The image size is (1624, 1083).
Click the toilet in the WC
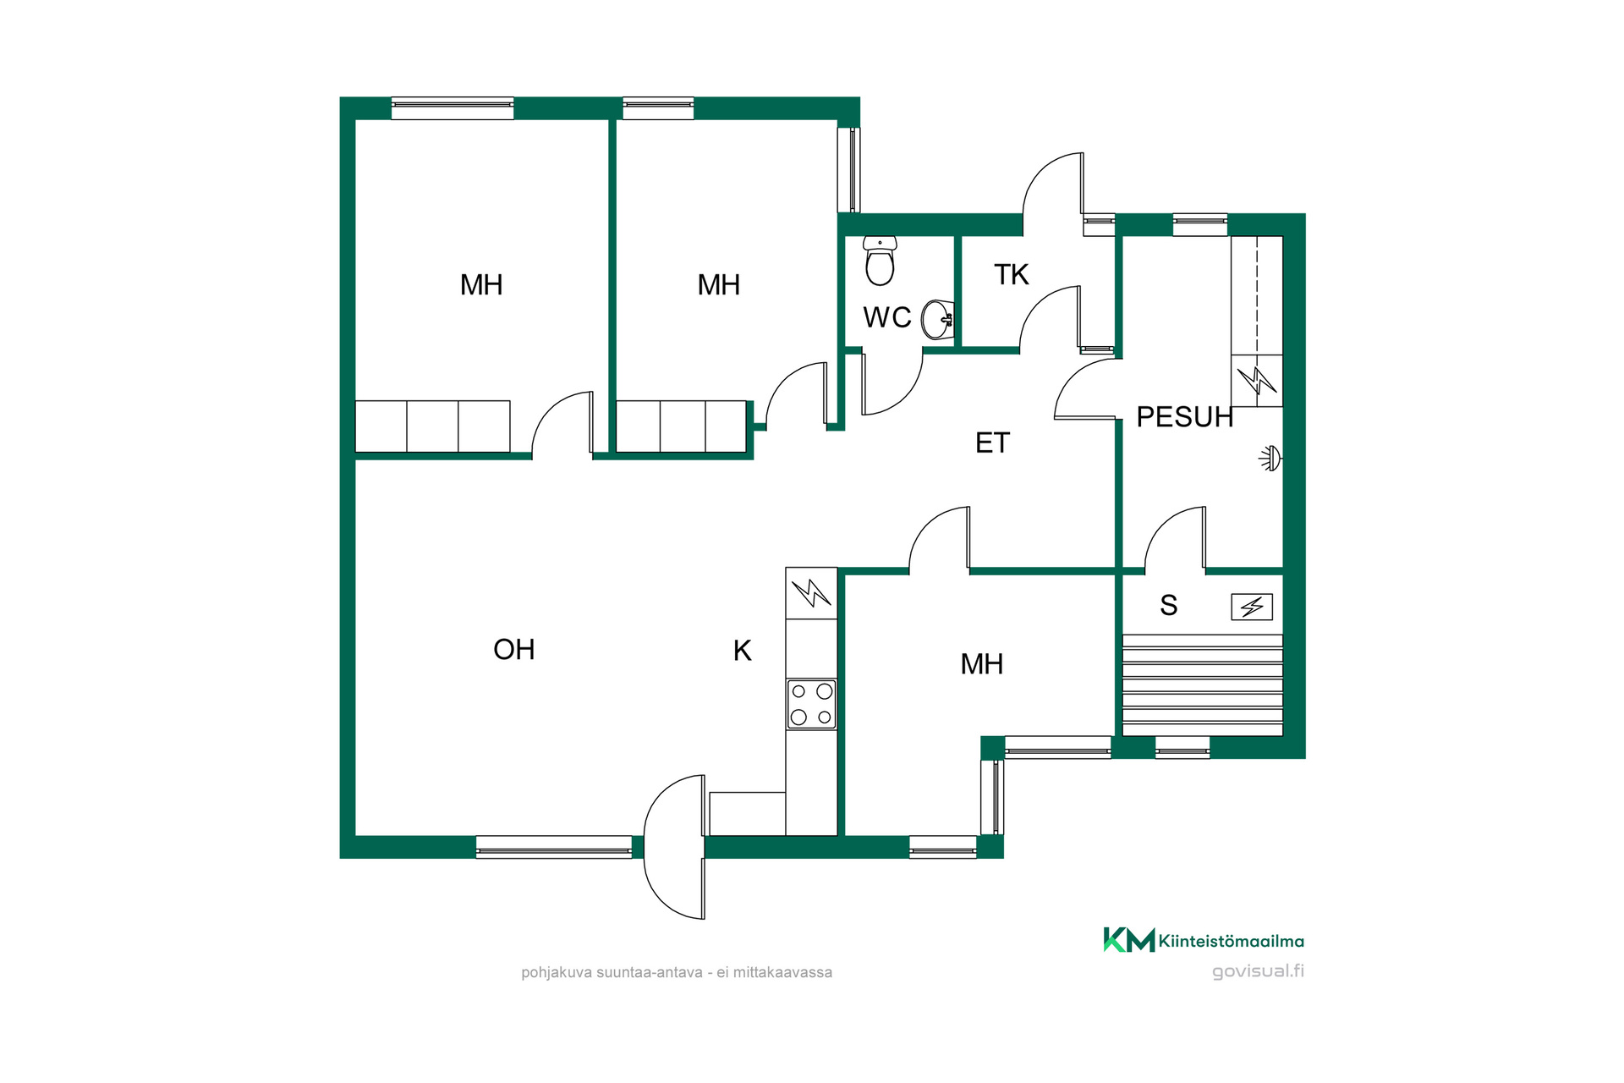880,261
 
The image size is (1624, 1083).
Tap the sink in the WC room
938,319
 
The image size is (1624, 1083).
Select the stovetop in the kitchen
811,704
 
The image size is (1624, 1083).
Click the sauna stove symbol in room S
1252,607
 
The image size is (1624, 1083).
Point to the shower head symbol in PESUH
1270,459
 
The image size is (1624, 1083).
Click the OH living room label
514,650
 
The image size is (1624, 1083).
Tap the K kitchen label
743,651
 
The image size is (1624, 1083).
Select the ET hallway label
992,443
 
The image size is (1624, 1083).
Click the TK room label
1012,274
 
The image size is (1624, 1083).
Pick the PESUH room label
1185,417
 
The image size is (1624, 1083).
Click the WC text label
887,317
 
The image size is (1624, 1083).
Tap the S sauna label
1169,605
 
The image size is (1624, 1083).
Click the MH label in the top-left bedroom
481,285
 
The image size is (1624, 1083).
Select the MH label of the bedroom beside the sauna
982,664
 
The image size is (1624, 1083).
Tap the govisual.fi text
1258,971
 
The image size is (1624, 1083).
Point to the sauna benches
1202,685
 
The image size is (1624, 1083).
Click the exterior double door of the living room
675,847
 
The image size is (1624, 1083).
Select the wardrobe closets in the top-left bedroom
432,426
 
